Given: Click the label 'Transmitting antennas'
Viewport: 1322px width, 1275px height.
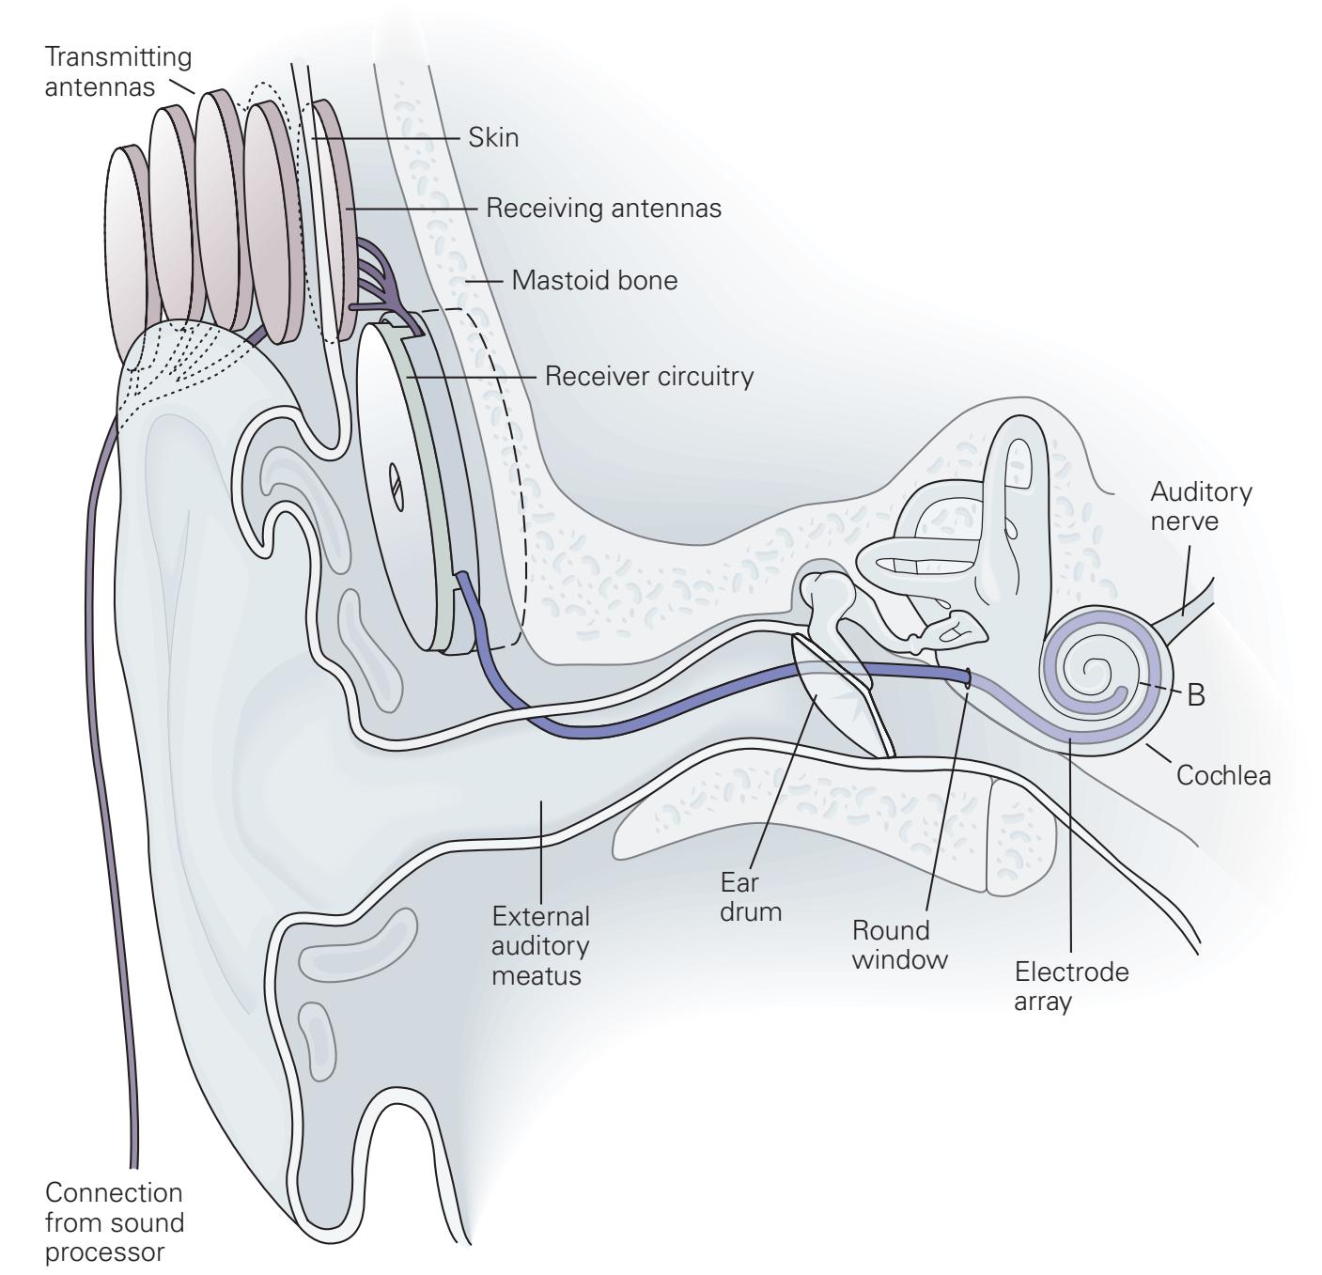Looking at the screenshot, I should pos(117,71).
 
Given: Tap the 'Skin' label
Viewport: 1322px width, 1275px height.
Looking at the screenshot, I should pos(493,138).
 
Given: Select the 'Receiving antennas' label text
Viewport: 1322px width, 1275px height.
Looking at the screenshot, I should pos(603,208).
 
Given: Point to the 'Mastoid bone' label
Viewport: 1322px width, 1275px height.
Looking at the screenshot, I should pos(594,280).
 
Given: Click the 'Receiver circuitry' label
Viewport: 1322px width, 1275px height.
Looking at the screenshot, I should pos(649,377).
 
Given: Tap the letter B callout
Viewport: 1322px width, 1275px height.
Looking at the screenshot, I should pos(1195,695).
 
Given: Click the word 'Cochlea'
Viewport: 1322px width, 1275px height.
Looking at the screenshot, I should pos(1223,775).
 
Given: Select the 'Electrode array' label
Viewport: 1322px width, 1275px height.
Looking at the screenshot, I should pos(1071,987).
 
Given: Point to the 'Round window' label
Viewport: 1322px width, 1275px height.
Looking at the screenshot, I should pos(899,944).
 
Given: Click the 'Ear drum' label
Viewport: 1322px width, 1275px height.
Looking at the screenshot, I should pos(751,896).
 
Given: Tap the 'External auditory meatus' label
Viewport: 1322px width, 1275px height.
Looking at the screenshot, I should pos(540,945).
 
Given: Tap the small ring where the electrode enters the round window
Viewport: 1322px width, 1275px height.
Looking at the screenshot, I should pos(967,676).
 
